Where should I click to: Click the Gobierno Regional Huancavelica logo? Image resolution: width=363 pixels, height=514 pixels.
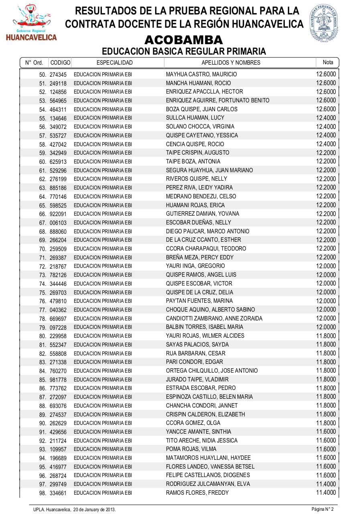click(31, 23)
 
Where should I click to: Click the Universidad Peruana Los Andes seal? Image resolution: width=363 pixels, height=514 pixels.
click(324, 22)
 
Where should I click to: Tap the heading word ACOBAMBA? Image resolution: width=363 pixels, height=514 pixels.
click(183, 40)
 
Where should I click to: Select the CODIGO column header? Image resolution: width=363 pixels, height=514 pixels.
click(61, 63)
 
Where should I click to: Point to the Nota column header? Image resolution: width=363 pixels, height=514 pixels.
click(328, 62)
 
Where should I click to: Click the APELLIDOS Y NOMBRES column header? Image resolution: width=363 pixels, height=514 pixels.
click(231, 63)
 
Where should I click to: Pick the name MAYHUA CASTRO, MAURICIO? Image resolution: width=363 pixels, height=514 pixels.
click(201, 74)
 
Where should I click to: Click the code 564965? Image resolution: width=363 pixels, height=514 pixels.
click(58, 101)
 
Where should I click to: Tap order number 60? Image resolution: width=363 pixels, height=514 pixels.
click(43, 162)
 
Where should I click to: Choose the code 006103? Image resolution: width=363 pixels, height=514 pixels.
click(58, 223)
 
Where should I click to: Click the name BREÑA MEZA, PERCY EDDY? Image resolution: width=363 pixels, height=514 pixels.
click(200, 257)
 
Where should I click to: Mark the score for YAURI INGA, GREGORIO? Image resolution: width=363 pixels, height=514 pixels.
click(326, 266)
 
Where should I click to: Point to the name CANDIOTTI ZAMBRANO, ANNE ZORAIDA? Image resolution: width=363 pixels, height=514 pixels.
click(214, 318)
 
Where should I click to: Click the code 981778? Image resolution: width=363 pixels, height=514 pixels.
click(58, 380)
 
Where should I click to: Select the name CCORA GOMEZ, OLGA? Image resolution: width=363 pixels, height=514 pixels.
click(193, 423)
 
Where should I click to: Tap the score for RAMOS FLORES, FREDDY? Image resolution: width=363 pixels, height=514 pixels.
click(326, 492)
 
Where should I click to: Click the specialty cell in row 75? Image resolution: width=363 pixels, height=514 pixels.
click(103, 293)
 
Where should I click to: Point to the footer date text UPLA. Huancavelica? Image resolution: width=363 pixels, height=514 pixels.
click(75, 510)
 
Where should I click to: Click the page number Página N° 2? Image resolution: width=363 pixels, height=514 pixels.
click(322, 509)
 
